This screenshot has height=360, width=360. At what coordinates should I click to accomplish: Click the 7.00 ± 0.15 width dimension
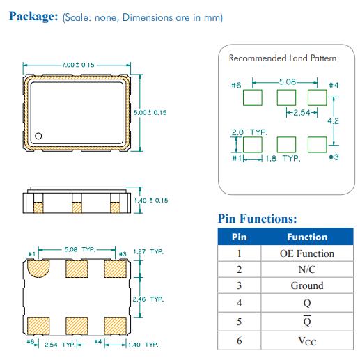pyautogui.click(x=78, y=65)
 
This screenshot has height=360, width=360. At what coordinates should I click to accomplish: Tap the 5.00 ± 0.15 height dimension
pyautogui.click(x=150, y=113)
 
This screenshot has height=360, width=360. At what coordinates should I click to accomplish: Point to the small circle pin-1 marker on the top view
pyautogui.click(x=38, y=136)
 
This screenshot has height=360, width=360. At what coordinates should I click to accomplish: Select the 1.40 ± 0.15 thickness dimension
pyautogui.click(x=151, y=201)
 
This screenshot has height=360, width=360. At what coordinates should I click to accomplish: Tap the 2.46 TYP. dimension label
pyautogui.click(x=148, y=299)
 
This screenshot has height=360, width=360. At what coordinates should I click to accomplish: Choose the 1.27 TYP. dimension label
pyautogui.click(x=148, y=251)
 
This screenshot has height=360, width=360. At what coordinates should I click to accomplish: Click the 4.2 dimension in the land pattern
pyautogui.click(x=333, y=121)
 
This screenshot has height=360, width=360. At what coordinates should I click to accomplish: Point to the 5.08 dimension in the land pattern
pyautogui.click(x=288, y=82)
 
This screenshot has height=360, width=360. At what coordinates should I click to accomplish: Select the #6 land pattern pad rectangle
pyautogui.click(x=253, y=97)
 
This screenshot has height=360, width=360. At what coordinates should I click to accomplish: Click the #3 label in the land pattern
pyautogui.click(x=334, y=157)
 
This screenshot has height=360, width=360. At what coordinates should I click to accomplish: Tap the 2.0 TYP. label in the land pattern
pyautogui.click(x=249, y=132)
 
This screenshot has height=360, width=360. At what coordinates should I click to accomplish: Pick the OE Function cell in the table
pyautogui.click(x=307, y=253)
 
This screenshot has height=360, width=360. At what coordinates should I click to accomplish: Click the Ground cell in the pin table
pyautogui.click(x=307, y=285)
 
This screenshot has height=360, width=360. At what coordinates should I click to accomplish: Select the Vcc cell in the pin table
pyautogui.click(x=307, y=341)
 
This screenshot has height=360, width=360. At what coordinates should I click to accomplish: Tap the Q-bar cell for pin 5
pyautogui.click(x=307, y=322)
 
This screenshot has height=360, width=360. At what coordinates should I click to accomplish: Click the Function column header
pyautogui.click(x=307, y=237)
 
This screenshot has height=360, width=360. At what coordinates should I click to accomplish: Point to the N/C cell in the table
pyautogui.click(x=307, y=269)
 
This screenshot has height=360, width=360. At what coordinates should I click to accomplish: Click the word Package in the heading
pyautogui.click(x=33, y=17)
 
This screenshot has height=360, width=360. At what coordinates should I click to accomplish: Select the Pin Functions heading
pyautogui.click(x=257, y=219)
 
